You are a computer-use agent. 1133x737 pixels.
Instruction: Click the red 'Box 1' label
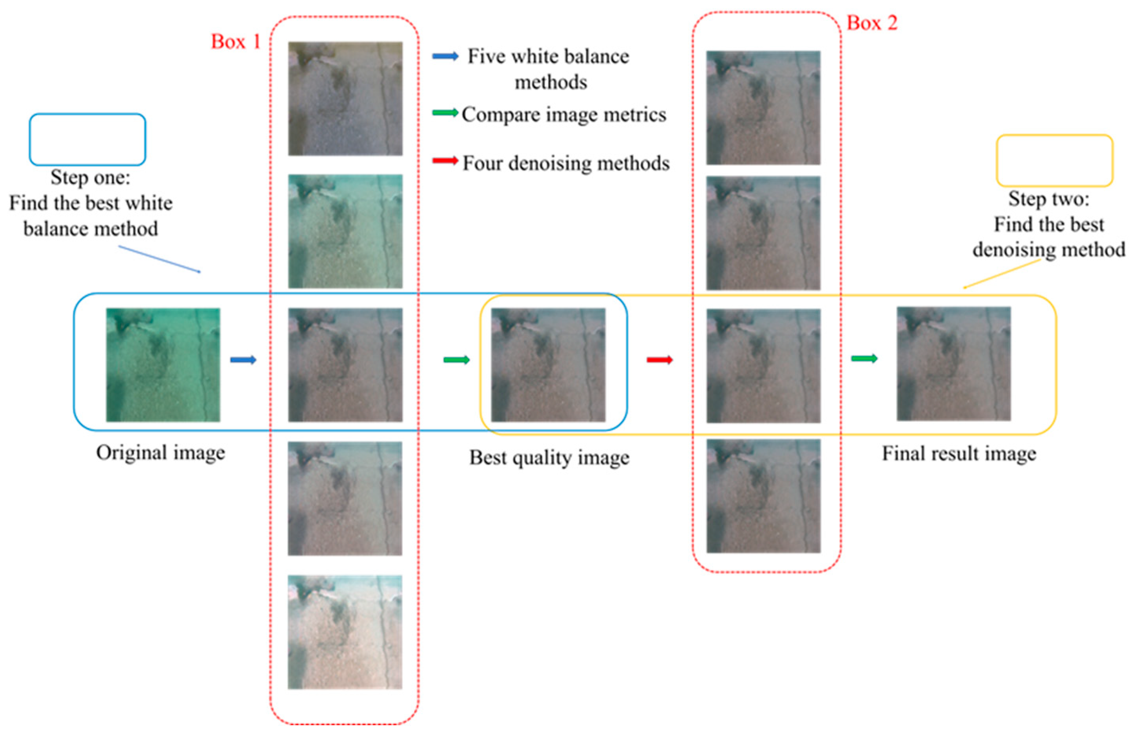(x=236, y=42)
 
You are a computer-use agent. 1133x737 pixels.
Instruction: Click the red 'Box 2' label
(x=872, y=23)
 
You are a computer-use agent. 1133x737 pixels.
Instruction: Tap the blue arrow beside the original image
(x=243, y=360)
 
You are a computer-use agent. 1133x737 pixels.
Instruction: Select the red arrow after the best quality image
(x=659, y=360)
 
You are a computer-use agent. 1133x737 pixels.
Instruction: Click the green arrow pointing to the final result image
(x=864, y=359)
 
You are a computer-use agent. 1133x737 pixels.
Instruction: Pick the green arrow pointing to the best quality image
(x=456, y=360)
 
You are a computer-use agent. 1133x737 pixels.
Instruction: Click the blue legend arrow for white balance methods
(x=445, y=57)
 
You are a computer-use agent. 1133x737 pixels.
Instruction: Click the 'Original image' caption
(x=160, y=453)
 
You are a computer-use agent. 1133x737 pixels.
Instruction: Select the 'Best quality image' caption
(x=549, y=458)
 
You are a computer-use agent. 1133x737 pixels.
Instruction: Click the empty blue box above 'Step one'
(x=87, y=139)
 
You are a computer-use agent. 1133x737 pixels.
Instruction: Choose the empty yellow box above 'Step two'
(x=1055, y=160)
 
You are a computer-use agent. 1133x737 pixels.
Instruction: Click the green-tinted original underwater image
(x=163, y=365)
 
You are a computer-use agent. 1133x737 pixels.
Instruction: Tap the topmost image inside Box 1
(x=345, y=98)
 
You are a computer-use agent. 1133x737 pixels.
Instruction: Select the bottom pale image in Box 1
(x=345, y=632)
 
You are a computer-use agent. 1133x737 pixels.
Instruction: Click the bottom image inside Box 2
(x=763, y=496)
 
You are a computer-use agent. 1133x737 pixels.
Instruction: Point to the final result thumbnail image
(x=953, y=364)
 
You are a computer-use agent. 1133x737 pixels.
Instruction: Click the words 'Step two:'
(x=1049, y=199)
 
